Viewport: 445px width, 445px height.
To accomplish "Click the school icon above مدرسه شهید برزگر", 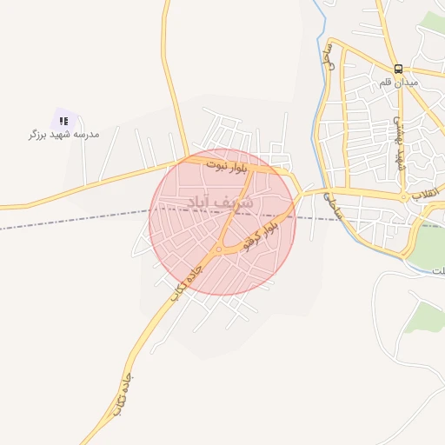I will (63, 121).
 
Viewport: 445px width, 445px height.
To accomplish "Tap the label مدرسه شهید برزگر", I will (63, 135).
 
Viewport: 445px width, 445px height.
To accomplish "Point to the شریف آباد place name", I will (222, 203).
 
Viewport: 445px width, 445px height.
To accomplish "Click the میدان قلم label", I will (399, 82).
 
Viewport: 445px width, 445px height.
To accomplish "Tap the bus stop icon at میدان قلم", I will (398, 68).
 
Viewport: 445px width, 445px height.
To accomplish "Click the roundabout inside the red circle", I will (219, 249).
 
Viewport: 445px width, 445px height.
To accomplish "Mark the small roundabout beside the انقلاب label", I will (404, 198).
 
